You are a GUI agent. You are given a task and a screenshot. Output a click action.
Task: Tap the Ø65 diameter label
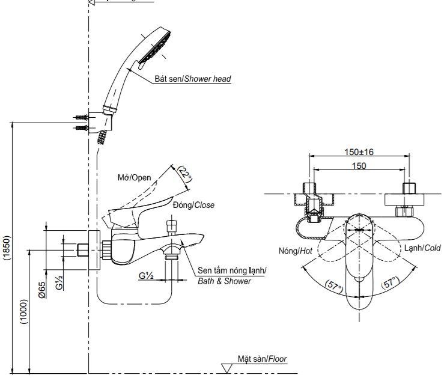point(43,291)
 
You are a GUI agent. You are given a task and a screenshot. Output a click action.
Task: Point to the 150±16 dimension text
point(359,152)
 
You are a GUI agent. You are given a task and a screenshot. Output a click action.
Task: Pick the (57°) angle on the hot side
point(332,287)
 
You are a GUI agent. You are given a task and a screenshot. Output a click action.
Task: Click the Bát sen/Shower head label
point(192,79)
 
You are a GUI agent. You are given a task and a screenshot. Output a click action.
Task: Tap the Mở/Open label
point(134,177)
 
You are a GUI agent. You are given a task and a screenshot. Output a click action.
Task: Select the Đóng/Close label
point(193,205)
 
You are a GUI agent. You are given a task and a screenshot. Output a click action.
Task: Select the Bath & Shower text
point(224,281)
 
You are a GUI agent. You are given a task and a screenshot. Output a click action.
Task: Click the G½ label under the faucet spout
point(146,275)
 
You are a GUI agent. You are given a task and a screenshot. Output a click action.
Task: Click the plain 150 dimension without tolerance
point(359,166)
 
